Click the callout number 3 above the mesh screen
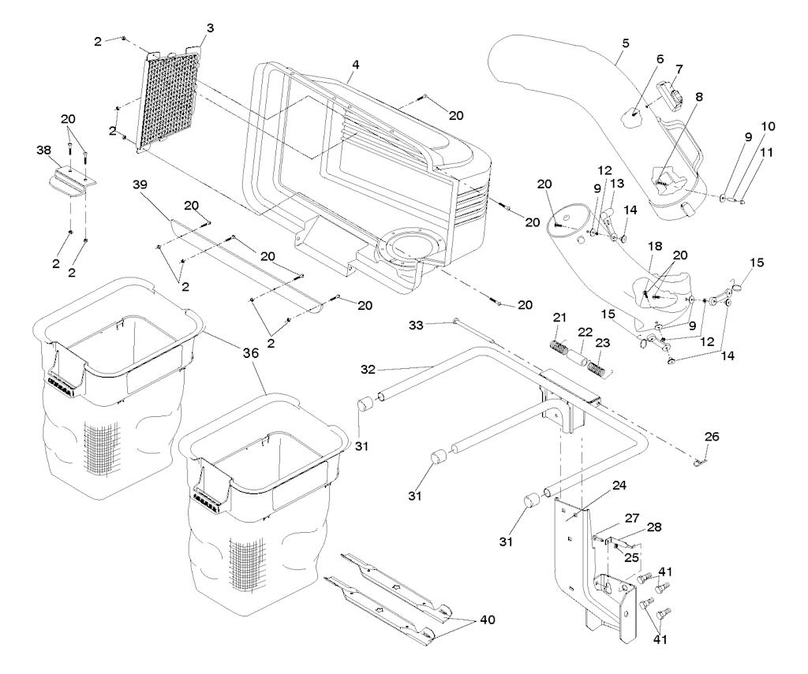coord(210,28)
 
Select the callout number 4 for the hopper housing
coord(356,65)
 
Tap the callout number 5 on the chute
coord(626,43)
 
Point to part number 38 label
coord(44,150)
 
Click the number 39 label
coord(140,184)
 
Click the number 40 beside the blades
coord(487,620)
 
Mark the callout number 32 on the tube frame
coord(368,369)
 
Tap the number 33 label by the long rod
coord(417,325)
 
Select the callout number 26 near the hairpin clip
coord(712,437)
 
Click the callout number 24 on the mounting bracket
coord(619,485)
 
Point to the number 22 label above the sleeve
coord(585,332)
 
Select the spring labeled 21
coord(556,345)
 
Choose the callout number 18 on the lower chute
coord(655,247)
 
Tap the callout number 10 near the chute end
coord(768,127)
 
